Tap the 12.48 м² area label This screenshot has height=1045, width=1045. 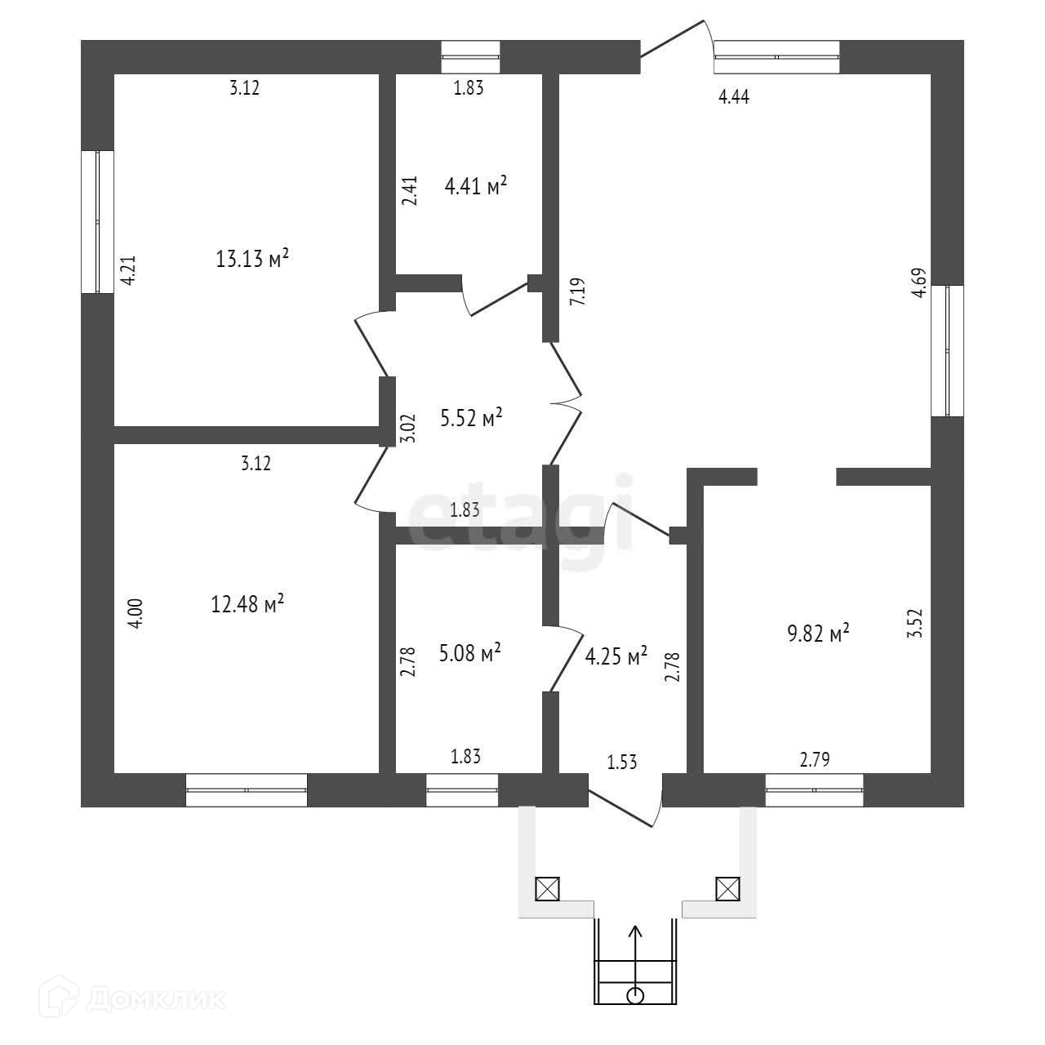(247, 605)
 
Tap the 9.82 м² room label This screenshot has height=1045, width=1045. (818, 634)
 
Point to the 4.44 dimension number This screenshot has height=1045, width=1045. (733, 97)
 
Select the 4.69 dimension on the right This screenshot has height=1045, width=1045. (918, 284)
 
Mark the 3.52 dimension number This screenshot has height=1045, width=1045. (915, 622)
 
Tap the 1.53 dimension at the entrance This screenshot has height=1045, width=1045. (621, 763)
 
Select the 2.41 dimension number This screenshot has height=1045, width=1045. (411, 191)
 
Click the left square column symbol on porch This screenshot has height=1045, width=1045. (546, 888)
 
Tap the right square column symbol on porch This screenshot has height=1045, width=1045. (727, 887)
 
